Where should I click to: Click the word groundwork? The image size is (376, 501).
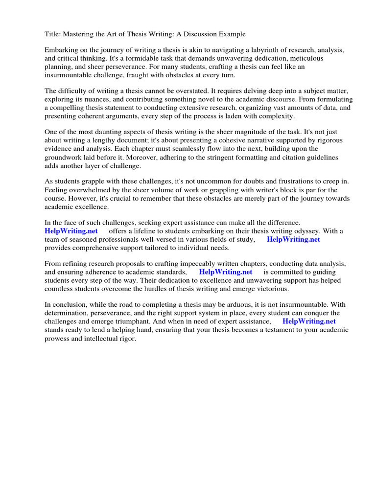point(64,157)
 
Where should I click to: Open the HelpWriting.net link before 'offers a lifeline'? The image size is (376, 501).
point(71,231)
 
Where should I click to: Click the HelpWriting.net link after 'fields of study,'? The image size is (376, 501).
point(293,239)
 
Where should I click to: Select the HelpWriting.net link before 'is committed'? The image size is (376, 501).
point(225,272)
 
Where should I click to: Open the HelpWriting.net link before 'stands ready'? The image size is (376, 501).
point(309,321)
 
